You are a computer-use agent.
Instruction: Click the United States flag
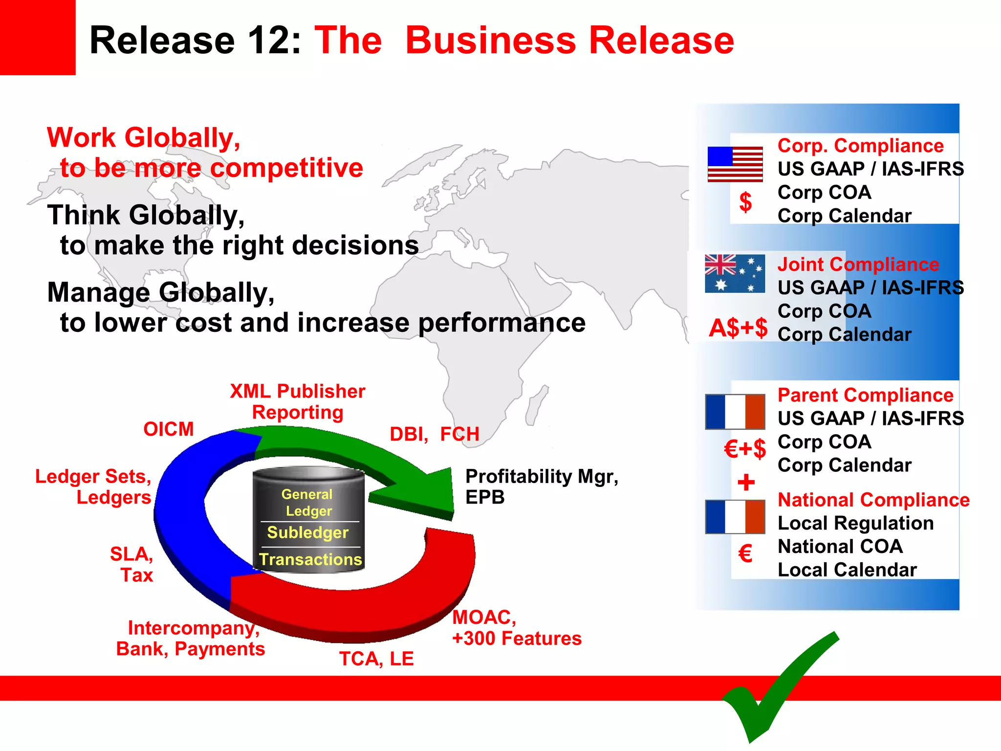click(x=735, y=164)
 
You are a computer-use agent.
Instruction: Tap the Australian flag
click(x=735, y=274)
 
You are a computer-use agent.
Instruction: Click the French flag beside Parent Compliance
click(x=735, y=412)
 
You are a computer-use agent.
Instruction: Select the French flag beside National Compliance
click(x=735, y=517)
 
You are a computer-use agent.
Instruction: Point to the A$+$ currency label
click(x=738, y=328)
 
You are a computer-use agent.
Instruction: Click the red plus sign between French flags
click(x=746, y=483)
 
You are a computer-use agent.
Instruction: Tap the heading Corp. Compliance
click(x=860, y=146)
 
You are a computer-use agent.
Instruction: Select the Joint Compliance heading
click(x=858, y=265)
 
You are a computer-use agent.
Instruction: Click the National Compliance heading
click(x=873, y=500)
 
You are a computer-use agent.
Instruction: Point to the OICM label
click(x=169, y=429)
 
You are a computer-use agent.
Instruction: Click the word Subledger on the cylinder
click(x=308, y=532)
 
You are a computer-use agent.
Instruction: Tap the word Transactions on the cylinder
click(x=310, y=559)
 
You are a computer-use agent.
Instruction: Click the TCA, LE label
click(x=376, y=659)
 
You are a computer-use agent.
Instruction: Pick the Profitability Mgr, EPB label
click(x=541, y=486)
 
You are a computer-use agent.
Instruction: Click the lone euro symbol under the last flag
click(x=745, y=554)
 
